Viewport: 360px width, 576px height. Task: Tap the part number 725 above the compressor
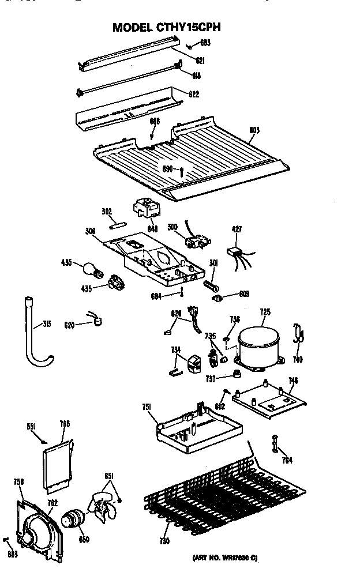265,313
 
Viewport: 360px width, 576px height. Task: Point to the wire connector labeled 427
235,252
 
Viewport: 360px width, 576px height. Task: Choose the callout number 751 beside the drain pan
147,408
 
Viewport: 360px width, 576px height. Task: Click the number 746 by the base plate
293,380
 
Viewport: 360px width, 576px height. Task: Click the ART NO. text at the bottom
224,558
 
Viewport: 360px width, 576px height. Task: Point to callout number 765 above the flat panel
65,424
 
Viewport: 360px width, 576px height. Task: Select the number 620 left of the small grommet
70,325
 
